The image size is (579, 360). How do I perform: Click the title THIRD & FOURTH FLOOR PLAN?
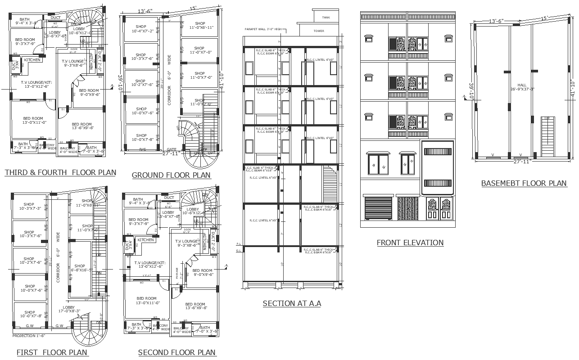click(60, 172)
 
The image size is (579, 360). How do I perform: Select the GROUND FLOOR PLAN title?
click(171, 175)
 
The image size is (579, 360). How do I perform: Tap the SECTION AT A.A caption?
click(292, 303)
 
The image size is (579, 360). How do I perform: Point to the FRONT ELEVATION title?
click(410, 243)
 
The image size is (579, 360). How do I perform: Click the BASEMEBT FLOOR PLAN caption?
click(524, 183)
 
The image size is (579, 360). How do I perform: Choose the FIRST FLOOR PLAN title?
click(52, 352)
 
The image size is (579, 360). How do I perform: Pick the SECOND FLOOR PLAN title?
click(177, 352)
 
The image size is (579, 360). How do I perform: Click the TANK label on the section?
click(326, 17)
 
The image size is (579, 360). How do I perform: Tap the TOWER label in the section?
click(319, 31)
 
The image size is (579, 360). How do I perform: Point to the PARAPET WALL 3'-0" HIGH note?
click(263, 29)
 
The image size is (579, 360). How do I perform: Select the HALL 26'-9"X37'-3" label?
click(522, 87)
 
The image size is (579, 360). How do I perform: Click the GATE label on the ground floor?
click(172, 149)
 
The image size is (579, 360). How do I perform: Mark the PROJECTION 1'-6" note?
click(29, 336)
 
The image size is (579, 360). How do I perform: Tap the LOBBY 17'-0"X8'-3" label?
click(68, 309)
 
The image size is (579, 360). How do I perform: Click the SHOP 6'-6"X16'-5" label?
click(80, 268)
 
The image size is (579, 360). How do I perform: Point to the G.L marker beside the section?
click(239, 250)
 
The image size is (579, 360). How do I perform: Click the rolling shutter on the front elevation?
click(378, 208)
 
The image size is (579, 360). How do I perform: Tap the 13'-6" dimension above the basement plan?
click(496, 21)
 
